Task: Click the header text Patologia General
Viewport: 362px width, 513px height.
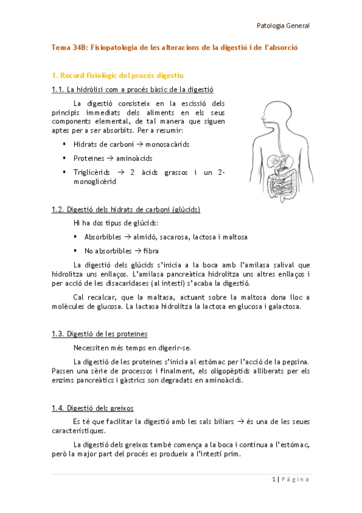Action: click(x=283, y=26)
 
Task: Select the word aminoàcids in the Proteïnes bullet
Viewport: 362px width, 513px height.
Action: click(x=135, y=158)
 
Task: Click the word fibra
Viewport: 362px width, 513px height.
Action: click(x=143, y=250)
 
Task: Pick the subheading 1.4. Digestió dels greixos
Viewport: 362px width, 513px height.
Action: click(x=93, y=407)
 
